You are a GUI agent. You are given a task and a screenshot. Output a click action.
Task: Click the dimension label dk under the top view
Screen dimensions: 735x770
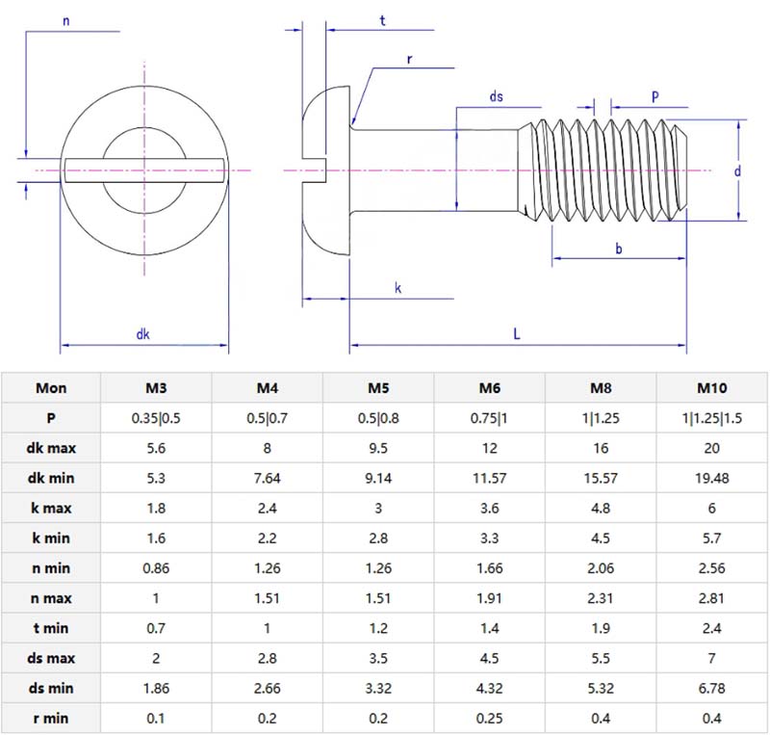coord(142,334)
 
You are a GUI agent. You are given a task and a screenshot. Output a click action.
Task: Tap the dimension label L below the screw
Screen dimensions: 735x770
coord(517,334)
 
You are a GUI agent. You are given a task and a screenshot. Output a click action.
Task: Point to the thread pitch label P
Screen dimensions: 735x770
coord(654,96)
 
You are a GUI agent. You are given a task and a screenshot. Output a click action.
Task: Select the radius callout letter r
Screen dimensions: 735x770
coord(409,59)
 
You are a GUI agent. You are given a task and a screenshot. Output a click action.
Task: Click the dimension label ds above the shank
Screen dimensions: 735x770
coord(497,96)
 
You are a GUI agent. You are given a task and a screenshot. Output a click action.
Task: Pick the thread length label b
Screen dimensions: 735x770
coord(618,249)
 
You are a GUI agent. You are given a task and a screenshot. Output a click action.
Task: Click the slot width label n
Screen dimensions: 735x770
coord(64,21)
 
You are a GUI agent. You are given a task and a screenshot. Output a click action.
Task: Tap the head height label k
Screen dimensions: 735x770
coord(398,288)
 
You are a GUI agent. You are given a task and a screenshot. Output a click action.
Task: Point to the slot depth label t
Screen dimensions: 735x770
coord(382,20)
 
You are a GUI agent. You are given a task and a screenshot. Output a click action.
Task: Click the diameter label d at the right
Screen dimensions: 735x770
coord(736,171)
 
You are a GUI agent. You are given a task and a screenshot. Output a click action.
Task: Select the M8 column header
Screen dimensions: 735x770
coord(601,388)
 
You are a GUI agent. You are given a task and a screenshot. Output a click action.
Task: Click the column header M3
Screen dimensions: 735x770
coord(156,388)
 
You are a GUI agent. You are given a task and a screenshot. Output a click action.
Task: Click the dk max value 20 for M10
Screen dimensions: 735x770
coord(711,448)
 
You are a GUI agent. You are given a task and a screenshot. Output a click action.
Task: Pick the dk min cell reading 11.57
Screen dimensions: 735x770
coord(490,478)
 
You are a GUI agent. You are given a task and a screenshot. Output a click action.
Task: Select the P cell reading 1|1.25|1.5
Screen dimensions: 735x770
coord(711,418)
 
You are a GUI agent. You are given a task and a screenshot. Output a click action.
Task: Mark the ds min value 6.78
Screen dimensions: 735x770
coord(711,688)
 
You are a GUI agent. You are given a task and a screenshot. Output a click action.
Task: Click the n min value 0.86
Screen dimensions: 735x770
coord(156,568)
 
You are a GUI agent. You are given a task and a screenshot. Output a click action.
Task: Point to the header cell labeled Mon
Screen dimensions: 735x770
coord(51,388)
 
